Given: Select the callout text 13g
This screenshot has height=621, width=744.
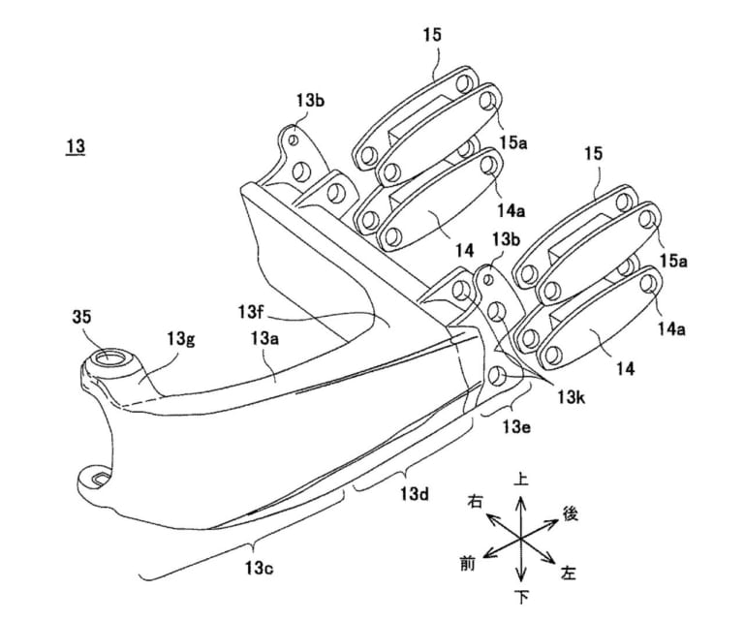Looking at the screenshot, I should tap(181, 337).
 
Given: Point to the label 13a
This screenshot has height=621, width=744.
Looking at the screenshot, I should tap(264, 337).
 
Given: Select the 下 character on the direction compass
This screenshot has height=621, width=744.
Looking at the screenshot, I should tap(520, 593).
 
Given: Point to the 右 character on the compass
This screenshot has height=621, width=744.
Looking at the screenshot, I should tap(475, 501).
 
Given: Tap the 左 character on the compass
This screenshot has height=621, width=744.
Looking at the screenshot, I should tap(569, 573).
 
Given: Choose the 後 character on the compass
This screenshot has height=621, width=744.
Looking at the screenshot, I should tap(571, 513).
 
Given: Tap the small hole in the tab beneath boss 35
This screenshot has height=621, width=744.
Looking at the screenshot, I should tap(96, 477).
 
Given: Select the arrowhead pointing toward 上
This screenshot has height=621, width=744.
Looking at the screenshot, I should tap(520, 497).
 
